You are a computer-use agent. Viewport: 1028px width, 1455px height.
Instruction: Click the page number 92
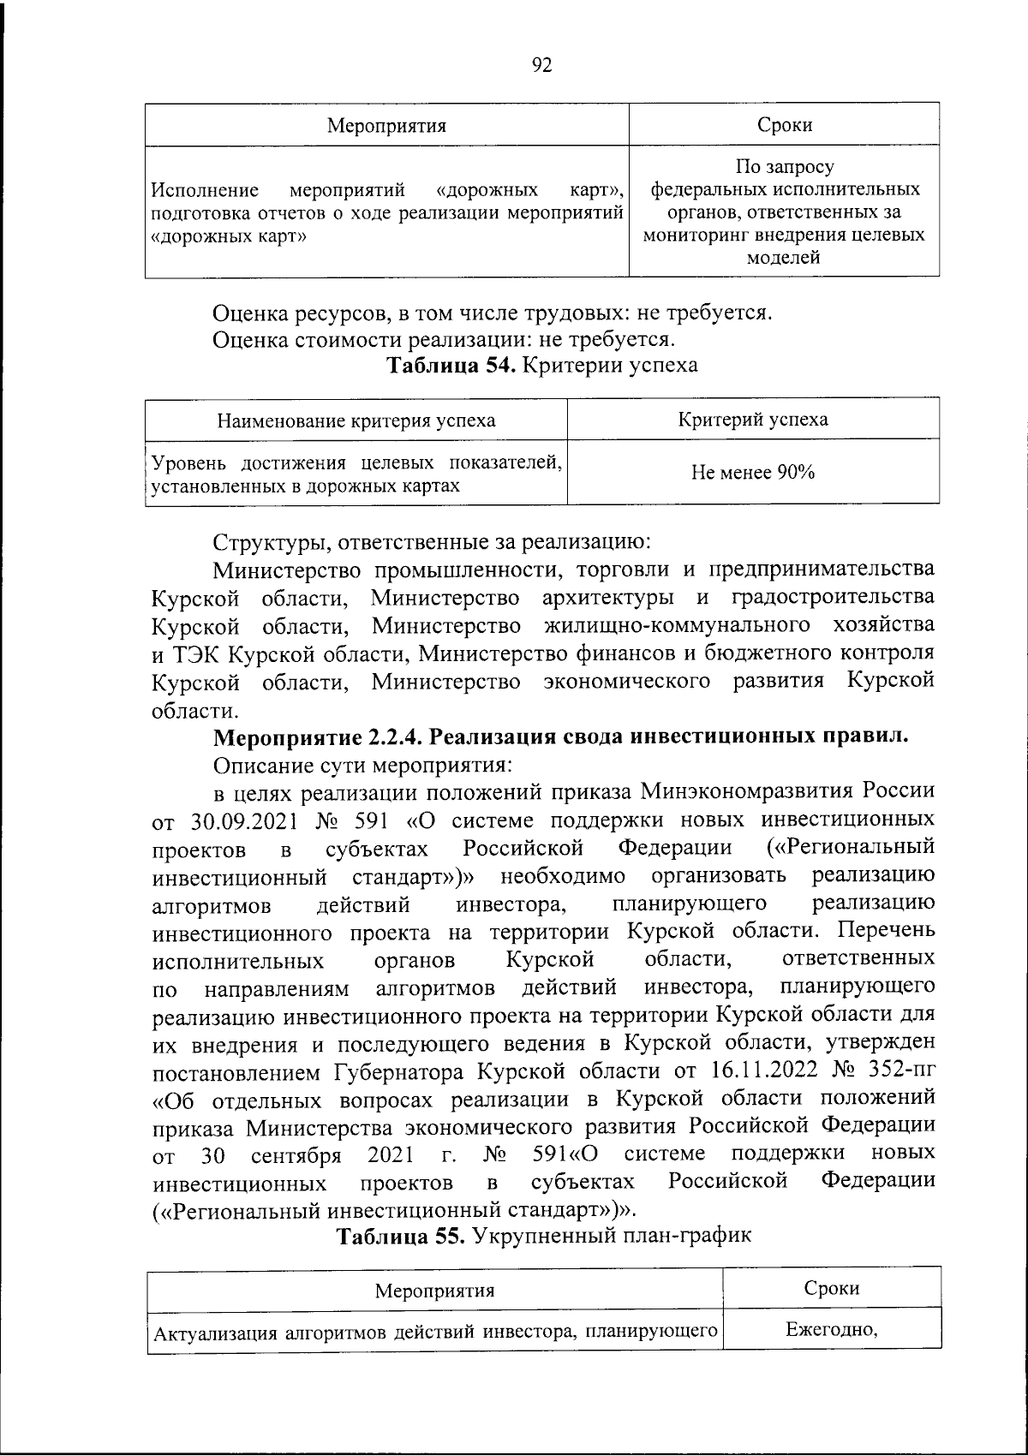541,65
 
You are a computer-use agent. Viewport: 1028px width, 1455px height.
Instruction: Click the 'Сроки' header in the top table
784,125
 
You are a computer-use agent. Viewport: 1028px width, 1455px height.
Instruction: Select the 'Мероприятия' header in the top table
387,126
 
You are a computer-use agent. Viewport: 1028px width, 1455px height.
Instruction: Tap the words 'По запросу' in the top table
784,166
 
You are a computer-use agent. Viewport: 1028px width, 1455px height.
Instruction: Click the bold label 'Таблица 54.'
451,366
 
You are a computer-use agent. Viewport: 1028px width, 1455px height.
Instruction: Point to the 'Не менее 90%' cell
753,472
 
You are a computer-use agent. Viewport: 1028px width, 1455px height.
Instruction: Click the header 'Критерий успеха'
753,420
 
